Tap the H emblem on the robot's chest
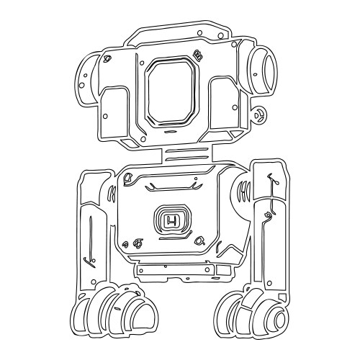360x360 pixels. (171, 220)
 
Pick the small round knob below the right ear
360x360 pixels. (261, 113)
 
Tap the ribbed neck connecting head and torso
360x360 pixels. (186, 153)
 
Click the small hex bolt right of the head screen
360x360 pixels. (197, 54)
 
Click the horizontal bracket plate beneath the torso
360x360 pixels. (184, 271)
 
